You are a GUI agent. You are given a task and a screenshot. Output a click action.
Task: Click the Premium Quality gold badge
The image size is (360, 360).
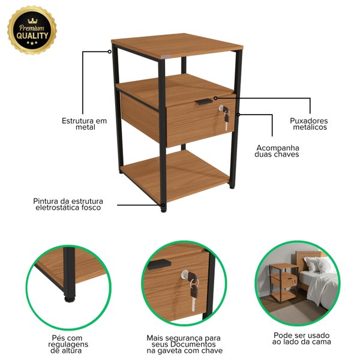click(32, 30)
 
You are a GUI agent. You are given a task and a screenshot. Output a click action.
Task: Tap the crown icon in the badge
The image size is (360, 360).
click(32, 20)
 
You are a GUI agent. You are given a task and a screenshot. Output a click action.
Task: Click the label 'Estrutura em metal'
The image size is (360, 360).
click(85, 124)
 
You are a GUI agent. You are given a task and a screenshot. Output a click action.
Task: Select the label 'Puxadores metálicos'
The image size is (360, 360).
click(309, 124)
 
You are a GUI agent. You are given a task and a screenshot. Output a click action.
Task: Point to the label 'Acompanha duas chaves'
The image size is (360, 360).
click(277, 151)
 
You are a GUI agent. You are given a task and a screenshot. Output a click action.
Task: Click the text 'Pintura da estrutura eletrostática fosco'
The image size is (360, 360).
click(68, 204)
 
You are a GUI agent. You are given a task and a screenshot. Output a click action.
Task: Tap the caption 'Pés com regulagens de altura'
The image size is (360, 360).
click(68, 344)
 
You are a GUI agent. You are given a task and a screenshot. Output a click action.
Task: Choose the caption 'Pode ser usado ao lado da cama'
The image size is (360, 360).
click(301, 338)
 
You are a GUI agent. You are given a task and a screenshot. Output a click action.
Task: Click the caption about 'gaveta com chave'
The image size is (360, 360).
click(184, 344)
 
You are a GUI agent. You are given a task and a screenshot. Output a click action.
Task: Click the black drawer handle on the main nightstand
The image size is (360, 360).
click(203, 101)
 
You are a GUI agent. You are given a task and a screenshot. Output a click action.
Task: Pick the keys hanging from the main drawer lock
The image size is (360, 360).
click(226, 118)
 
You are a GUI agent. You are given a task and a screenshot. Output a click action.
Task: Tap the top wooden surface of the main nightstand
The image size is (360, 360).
click(177, 45)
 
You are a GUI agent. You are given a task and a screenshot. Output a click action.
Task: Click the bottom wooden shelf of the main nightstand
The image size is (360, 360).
click(175, 176)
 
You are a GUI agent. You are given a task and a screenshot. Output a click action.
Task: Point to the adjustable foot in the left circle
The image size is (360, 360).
click(70, 299)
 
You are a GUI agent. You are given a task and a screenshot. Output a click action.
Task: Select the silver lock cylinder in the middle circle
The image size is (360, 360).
click(184, 274)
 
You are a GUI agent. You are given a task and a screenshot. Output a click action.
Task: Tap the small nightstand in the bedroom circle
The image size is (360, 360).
click(284, 283)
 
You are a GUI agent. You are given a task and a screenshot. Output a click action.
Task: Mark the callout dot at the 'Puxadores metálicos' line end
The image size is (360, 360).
click(215, 98)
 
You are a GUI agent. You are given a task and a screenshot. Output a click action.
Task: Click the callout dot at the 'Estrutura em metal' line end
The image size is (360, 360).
click(110, 52)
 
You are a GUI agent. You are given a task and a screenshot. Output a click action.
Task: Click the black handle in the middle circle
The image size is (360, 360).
click(160, 264)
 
